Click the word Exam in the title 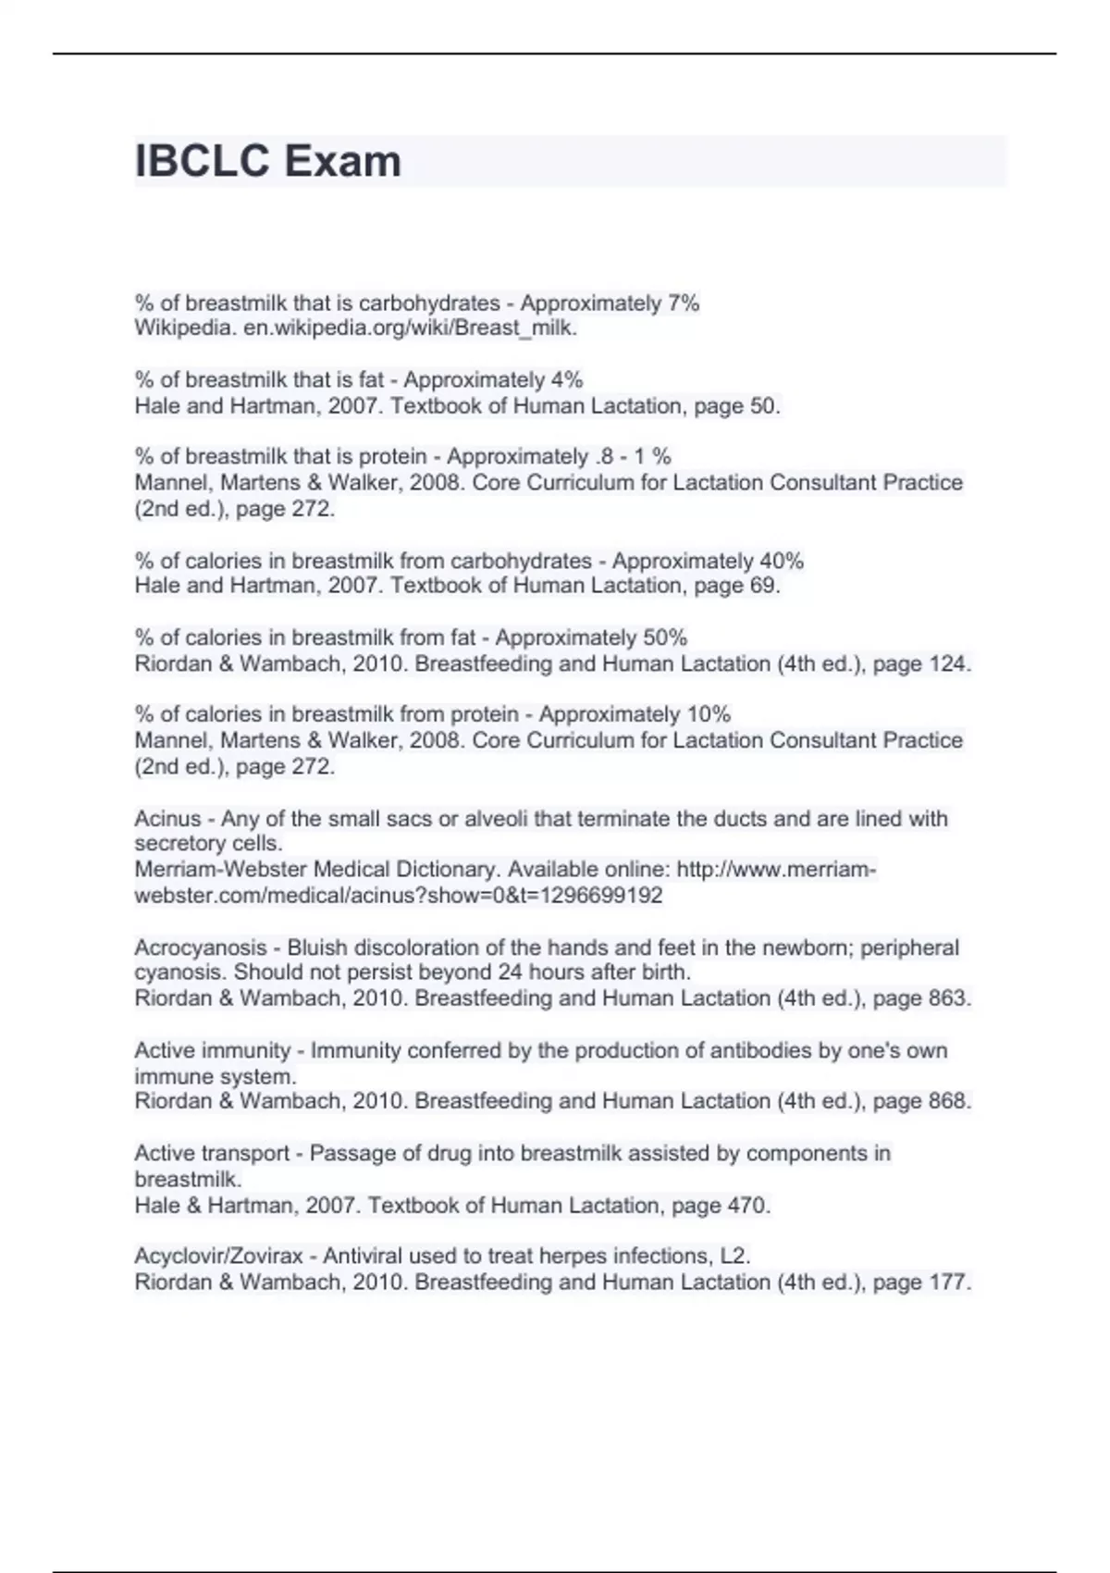pyautogui.click(x=342, y=161)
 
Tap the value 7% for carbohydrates pyautogui.click(x=683, y=303)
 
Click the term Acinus pyautogui.click(x=167, y=819)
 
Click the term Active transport pyautogui.click(x=212, y=1154)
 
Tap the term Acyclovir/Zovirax pyautogui.click(x=218, y=1257)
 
